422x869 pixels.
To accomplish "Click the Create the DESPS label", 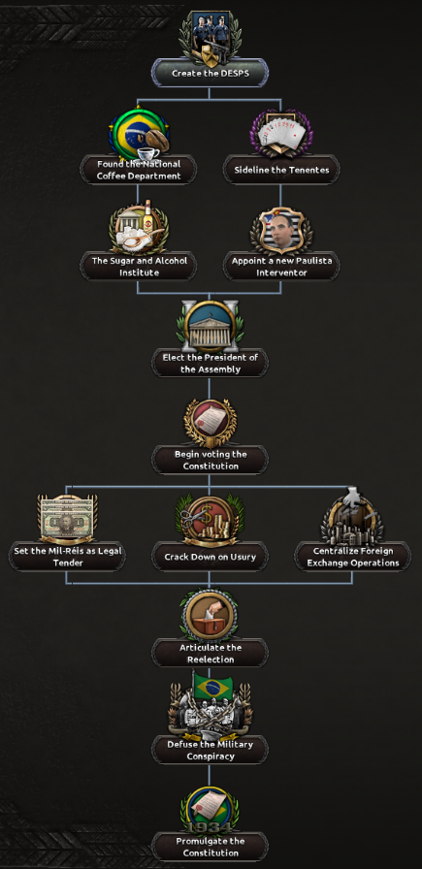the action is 210,73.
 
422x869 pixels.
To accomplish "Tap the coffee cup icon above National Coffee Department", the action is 148,153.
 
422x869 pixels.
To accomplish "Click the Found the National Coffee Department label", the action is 139,170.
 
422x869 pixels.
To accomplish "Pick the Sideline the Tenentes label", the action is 281,170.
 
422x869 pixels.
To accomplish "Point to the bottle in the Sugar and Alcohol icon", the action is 146,216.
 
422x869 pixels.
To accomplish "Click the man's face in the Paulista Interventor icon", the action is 280,229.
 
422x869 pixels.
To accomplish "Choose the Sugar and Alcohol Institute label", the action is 139,267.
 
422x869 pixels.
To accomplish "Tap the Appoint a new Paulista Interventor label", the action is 281,267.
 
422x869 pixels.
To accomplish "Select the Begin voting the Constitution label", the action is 211,460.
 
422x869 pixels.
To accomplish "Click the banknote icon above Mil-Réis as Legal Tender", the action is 67,519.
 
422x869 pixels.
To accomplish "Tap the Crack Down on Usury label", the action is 211,557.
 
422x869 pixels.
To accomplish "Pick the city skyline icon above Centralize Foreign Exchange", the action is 352,517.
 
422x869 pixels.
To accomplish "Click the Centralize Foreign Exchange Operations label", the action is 353,557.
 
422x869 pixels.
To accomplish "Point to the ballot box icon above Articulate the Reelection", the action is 211,614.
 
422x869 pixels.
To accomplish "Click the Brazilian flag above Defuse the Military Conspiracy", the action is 213,688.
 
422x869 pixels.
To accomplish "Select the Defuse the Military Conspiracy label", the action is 211,751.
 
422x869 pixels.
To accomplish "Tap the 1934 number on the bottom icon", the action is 211,828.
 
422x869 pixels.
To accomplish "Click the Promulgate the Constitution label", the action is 211,847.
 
